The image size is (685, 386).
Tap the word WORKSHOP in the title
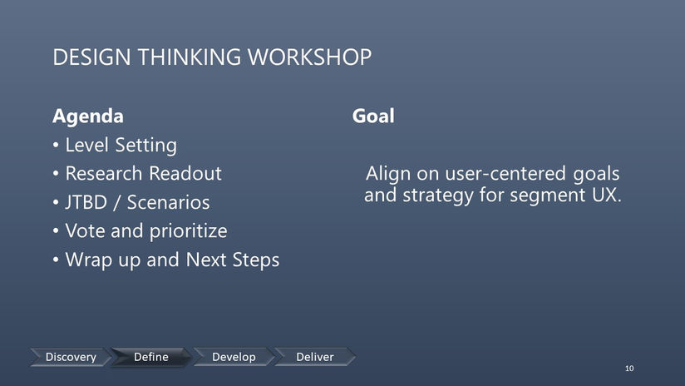(310, 57)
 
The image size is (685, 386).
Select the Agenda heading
(88, 116)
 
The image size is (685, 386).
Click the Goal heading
(373, 116)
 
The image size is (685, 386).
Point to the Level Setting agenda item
(121, 145)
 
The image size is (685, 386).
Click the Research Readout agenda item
(143, 174)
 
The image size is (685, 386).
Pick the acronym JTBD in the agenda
(86, 202)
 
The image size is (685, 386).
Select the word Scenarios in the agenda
(168, 202)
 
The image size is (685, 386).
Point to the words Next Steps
(233, 260)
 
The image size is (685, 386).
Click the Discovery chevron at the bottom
(71, 357)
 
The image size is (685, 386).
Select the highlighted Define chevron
(151, 357)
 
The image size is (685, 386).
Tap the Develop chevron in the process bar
(234, 357)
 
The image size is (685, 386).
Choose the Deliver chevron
(315, 357)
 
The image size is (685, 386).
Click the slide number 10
(629, 368)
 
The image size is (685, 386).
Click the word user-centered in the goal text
(506, 174)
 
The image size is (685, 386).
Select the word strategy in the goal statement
(438, 195)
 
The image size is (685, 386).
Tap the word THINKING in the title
(190, 57)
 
